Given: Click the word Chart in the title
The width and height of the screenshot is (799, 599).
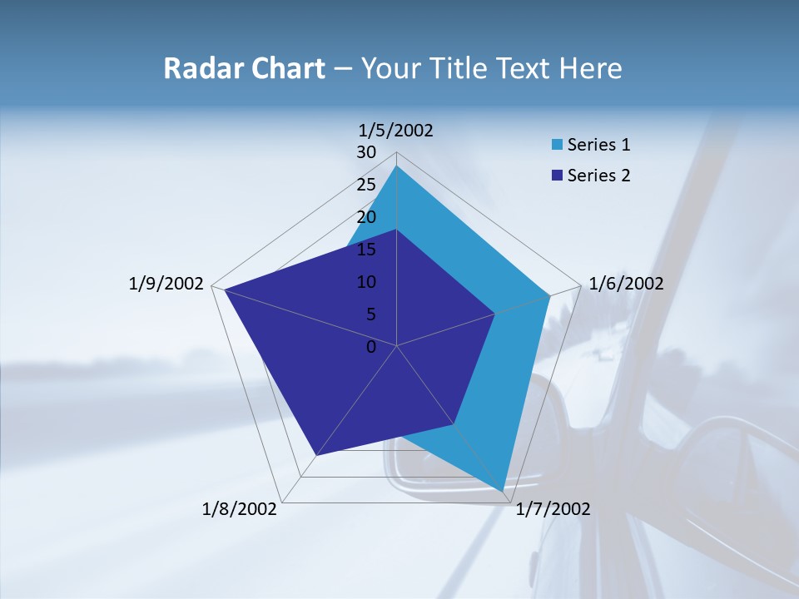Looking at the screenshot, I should click(x=285, y=68).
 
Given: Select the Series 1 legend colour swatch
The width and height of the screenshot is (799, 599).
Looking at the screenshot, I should click(x=556, y=145).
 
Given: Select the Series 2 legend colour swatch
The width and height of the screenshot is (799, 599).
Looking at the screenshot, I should click(x=556, y=176).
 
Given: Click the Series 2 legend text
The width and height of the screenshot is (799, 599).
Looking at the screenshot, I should click(x=598, y=176).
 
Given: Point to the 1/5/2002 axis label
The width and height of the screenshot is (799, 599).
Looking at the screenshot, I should click(x=396, y=130).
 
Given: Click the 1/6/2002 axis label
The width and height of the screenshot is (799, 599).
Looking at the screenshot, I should click(x=626, y=284).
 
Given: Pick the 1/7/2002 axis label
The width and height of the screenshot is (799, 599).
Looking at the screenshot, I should click(x=553, y=509).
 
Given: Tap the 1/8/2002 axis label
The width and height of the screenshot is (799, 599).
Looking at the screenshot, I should click(x=240, y=509).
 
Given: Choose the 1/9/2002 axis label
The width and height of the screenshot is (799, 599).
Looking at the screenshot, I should click(x=166, y=284).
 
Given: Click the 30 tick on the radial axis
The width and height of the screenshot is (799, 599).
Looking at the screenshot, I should click(x=366, y=152).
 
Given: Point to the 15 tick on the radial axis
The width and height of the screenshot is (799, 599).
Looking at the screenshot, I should click(x=366, y=250).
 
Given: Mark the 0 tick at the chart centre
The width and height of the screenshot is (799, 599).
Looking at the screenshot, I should click(x=371, y=347).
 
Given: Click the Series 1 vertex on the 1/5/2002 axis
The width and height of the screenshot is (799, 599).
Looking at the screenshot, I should click(x=396, y=166).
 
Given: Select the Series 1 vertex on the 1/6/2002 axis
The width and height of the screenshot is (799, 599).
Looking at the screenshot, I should click(x=550, y=295).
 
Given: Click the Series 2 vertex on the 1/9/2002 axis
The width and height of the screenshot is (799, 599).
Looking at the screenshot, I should click(x=224, y=289).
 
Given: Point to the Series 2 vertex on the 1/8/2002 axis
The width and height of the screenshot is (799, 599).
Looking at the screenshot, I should click(x=316, y=455).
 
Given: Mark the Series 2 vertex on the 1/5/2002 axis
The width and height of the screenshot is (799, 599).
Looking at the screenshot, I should click(x=396, y=230).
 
